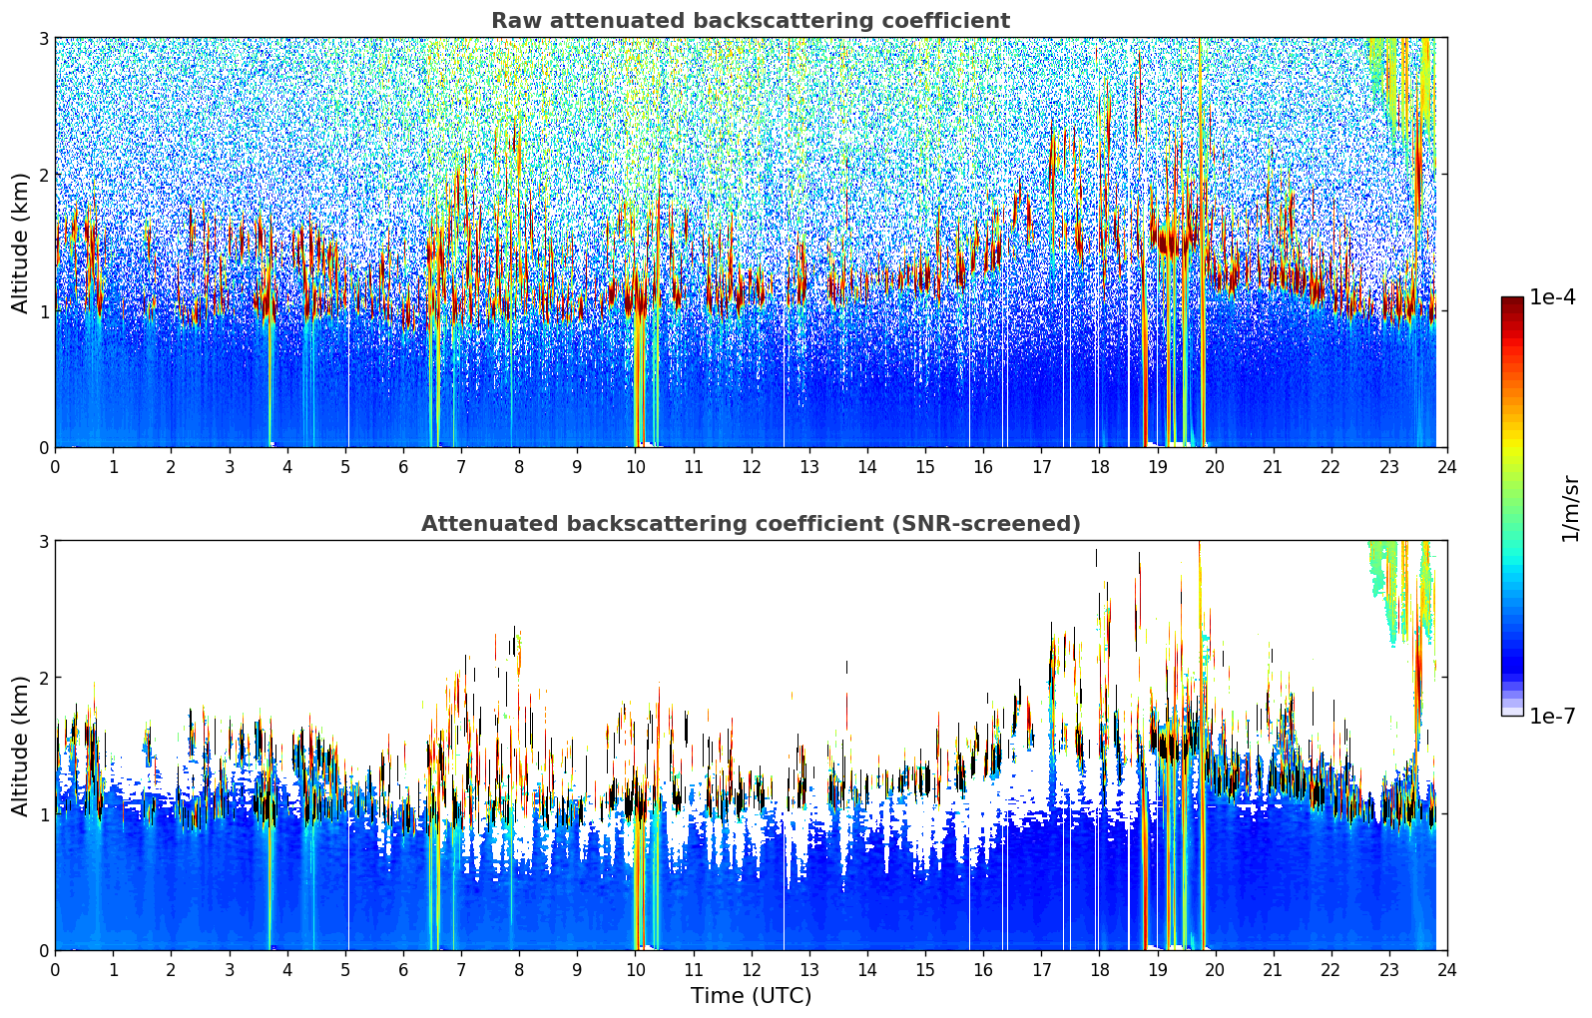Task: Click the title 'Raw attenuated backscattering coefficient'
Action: tap(750, 21)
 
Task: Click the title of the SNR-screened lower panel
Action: tap(750, 524)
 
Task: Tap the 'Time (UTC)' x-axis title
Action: tap(751, 995)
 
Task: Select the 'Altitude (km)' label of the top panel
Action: tap(20, 243)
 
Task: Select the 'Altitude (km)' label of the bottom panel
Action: tap(20, 746)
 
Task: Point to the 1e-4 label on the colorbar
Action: tap(1552, 297)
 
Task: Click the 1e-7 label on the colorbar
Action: tap(1552, 716)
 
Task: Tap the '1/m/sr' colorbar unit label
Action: tap(1570, 508)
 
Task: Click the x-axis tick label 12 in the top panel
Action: tap(751, 467)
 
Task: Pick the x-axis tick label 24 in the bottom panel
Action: tap(1446, 970)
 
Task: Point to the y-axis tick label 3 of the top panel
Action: tap(43, 39)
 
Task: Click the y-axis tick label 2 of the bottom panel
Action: tap(43, 678)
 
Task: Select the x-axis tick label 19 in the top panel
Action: tap(1157, 467)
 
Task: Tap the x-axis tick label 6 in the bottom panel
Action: tap(403, 970)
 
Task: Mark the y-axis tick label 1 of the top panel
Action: tap(43, 311)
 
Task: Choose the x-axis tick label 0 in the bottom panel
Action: tap(55, 970)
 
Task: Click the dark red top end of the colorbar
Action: tap(1511, 301)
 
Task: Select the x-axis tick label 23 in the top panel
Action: tap(1388, 467)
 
